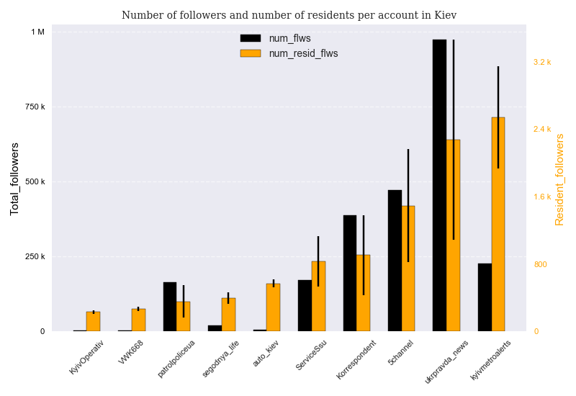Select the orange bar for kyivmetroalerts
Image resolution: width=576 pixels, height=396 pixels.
coord(498,224)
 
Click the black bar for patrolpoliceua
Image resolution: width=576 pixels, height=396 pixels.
coord(170,307)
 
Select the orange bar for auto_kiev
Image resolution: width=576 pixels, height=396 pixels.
coord(274,307)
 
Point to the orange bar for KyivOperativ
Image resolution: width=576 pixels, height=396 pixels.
coord(94,322)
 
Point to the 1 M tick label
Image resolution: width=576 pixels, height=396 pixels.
coord(37,32)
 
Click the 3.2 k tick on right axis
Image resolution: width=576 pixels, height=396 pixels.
coord(542,62)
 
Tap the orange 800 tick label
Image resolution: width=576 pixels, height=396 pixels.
coord(540,264)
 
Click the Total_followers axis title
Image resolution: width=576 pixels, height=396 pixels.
coord(14,179)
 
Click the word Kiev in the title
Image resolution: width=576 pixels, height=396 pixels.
coord(444,15)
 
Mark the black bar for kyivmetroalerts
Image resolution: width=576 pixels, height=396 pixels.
coord(485,297)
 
